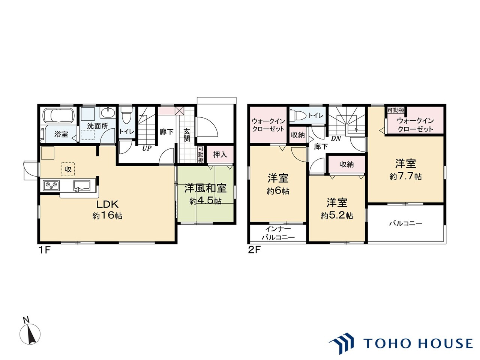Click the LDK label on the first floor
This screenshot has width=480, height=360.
[108, 204]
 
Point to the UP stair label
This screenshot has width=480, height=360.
[147, 148]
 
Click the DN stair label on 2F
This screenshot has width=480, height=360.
[336, 139]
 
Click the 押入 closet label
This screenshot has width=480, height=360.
[220, 154]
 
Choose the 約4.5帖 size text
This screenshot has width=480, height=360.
[205, 201]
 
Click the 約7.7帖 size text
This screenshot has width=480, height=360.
[405, 176]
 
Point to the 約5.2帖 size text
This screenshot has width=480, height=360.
[337, 216]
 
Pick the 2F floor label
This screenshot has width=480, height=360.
[254, 250]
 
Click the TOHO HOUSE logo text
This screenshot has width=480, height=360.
[418, 343]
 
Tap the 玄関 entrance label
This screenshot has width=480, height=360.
[186, 135]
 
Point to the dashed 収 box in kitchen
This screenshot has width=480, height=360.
[68, 169]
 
